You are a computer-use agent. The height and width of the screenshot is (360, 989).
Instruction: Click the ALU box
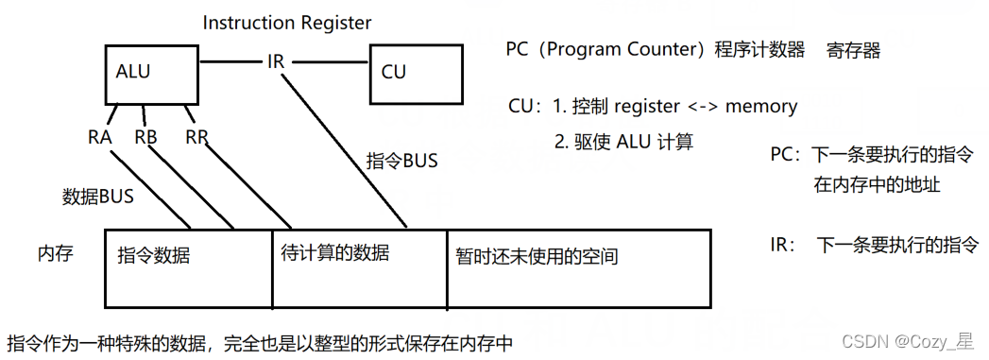[x=152, y=75]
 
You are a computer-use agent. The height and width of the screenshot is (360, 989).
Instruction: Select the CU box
[x=416, y=73]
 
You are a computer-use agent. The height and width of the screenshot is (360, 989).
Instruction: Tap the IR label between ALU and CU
[x=276, y=63]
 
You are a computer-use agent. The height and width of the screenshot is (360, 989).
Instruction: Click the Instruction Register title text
[x=287, y=22]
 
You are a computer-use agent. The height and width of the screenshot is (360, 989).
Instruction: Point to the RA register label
[x=100, y=137]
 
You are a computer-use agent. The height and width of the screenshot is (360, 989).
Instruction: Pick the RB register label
[x=145, y=137]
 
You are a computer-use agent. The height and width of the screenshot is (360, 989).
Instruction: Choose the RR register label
[x=196, y=137]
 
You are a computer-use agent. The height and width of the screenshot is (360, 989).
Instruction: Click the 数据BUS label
[x=97, y=197]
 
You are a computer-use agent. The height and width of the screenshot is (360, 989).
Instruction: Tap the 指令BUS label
[x=401, y=161]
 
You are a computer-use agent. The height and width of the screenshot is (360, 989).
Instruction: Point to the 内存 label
[x=55, y=254]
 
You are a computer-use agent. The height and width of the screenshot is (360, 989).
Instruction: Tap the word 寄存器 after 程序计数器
[x=854, y=50]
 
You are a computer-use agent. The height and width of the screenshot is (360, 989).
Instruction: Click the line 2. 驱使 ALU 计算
[x=623, y=142]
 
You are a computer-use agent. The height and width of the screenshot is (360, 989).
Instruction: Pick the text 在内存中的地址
[x=877, y=185]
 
